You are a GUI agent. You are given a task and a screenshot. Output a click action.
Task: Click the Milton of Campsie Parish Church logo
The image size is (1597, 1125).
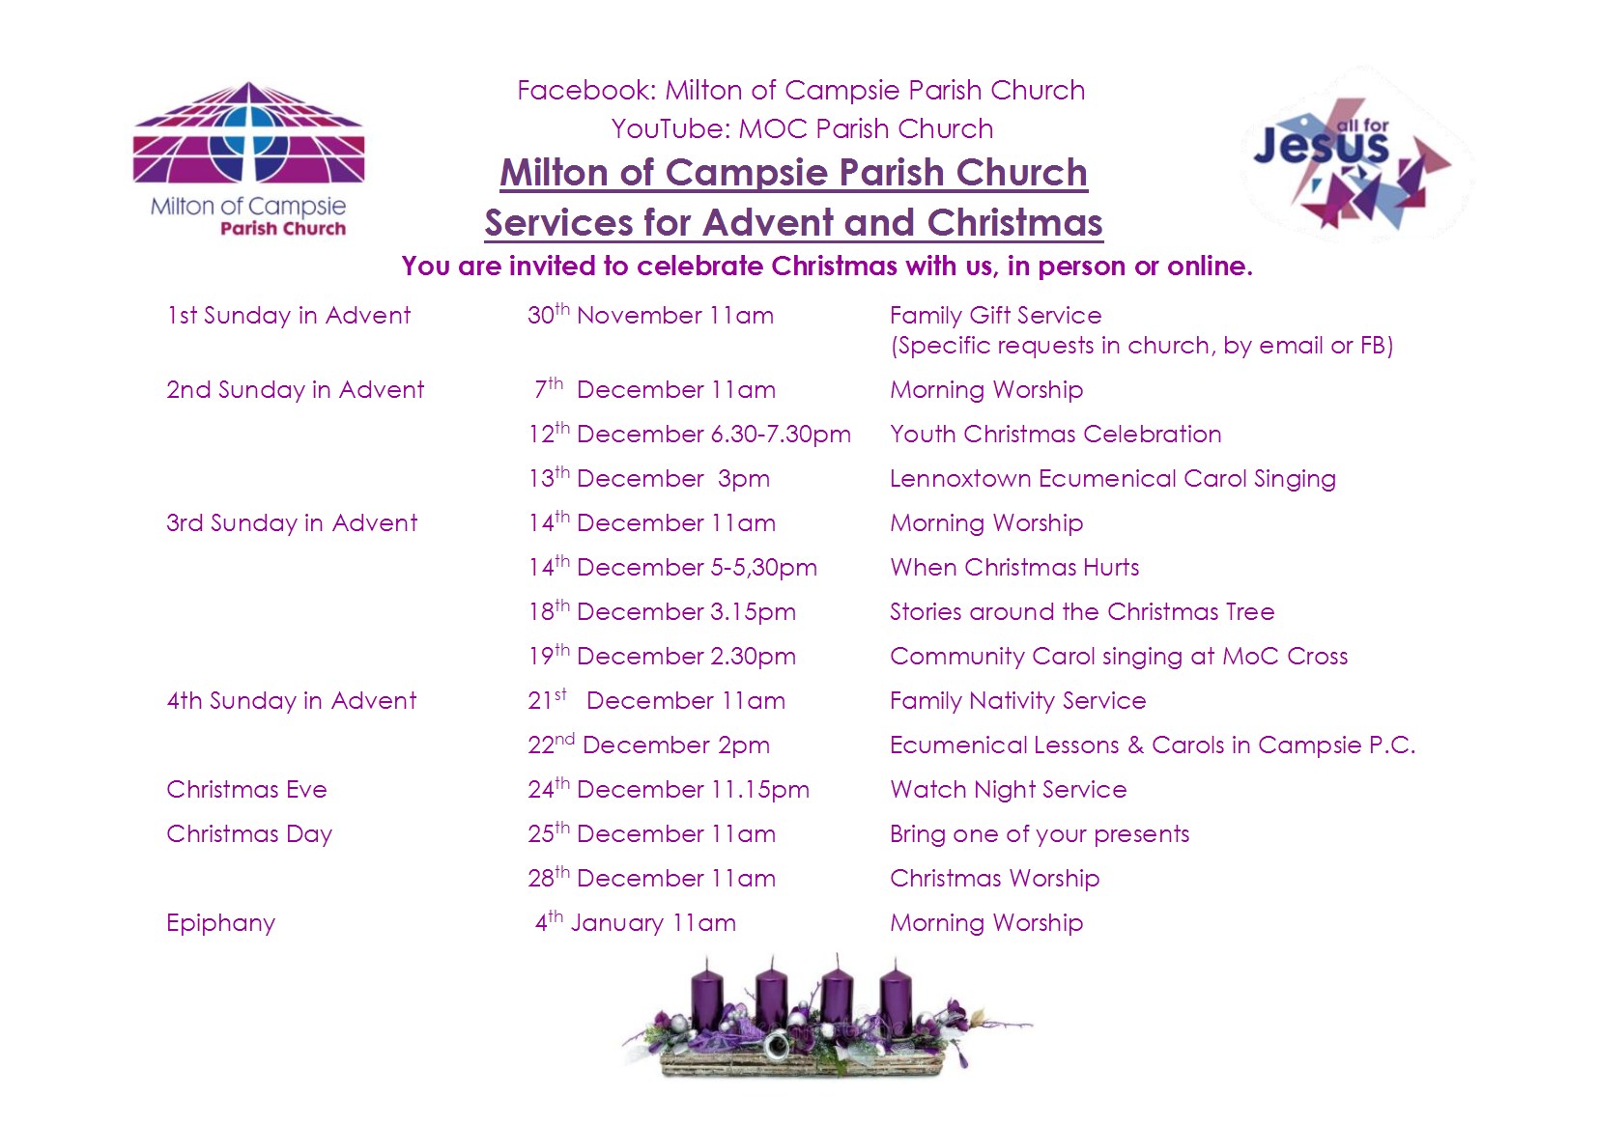click(248, 159)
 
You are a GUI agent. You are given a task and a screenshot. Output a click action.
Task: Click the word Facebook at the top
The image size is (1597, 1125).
click(585, 91)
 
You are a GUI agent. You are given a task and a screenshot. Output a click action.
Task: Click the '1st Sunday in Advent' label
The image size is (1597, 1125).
click(289, 315)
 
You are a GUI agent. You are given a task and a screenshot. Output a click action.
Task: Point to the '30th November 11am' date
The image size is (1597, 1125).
click(650, 314)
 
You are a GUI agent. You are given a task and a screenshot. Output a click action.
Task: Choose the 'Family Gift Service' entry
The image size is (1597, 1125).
click(995, 315)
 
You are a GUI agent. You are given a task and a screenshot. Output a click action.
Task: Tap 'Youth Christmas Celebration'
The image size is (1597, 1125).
click(1055, 434)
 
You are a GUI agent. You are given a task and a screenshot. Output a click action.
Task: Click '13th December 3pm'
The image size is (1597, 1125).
click(649, 478)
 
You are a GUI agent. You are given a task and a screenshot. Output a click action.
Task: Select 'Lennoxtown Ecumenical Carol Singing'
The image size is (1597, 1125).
click(1112, 479)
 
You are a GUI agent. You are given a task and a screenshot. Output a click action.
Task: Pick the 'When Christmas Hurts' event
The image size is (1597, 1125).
click(1013, 567)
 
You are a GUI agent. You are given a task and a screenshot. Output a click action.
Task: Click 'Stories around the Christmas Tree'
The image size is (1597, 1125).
click(1081, 611)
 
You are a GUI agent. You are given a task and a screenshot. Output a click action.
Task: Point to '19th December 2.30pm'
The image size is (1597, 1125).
click(662, 656)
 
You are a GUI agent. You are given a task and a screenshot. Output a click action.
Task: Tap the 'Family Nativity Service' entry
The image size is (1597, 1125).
click(1017, 701)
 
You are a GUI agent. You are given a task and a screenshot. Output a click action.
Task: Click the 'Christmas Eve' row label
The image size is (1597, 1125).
click(246, 789)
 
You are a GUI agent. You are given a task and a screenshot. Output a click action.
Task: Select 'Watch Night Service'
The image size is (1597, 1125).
click(1008, 790)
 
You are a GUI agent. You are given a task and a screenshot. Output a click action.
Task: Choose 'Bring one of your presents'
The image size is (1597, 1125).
click(1040, 834)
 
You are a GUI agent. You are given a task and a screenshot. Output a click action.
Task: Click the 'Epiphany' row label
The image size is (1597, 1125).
click(221, 923)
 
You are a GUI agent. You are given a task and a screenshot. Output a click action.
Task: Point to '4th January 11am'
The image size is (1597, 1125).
click(636, 922)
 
